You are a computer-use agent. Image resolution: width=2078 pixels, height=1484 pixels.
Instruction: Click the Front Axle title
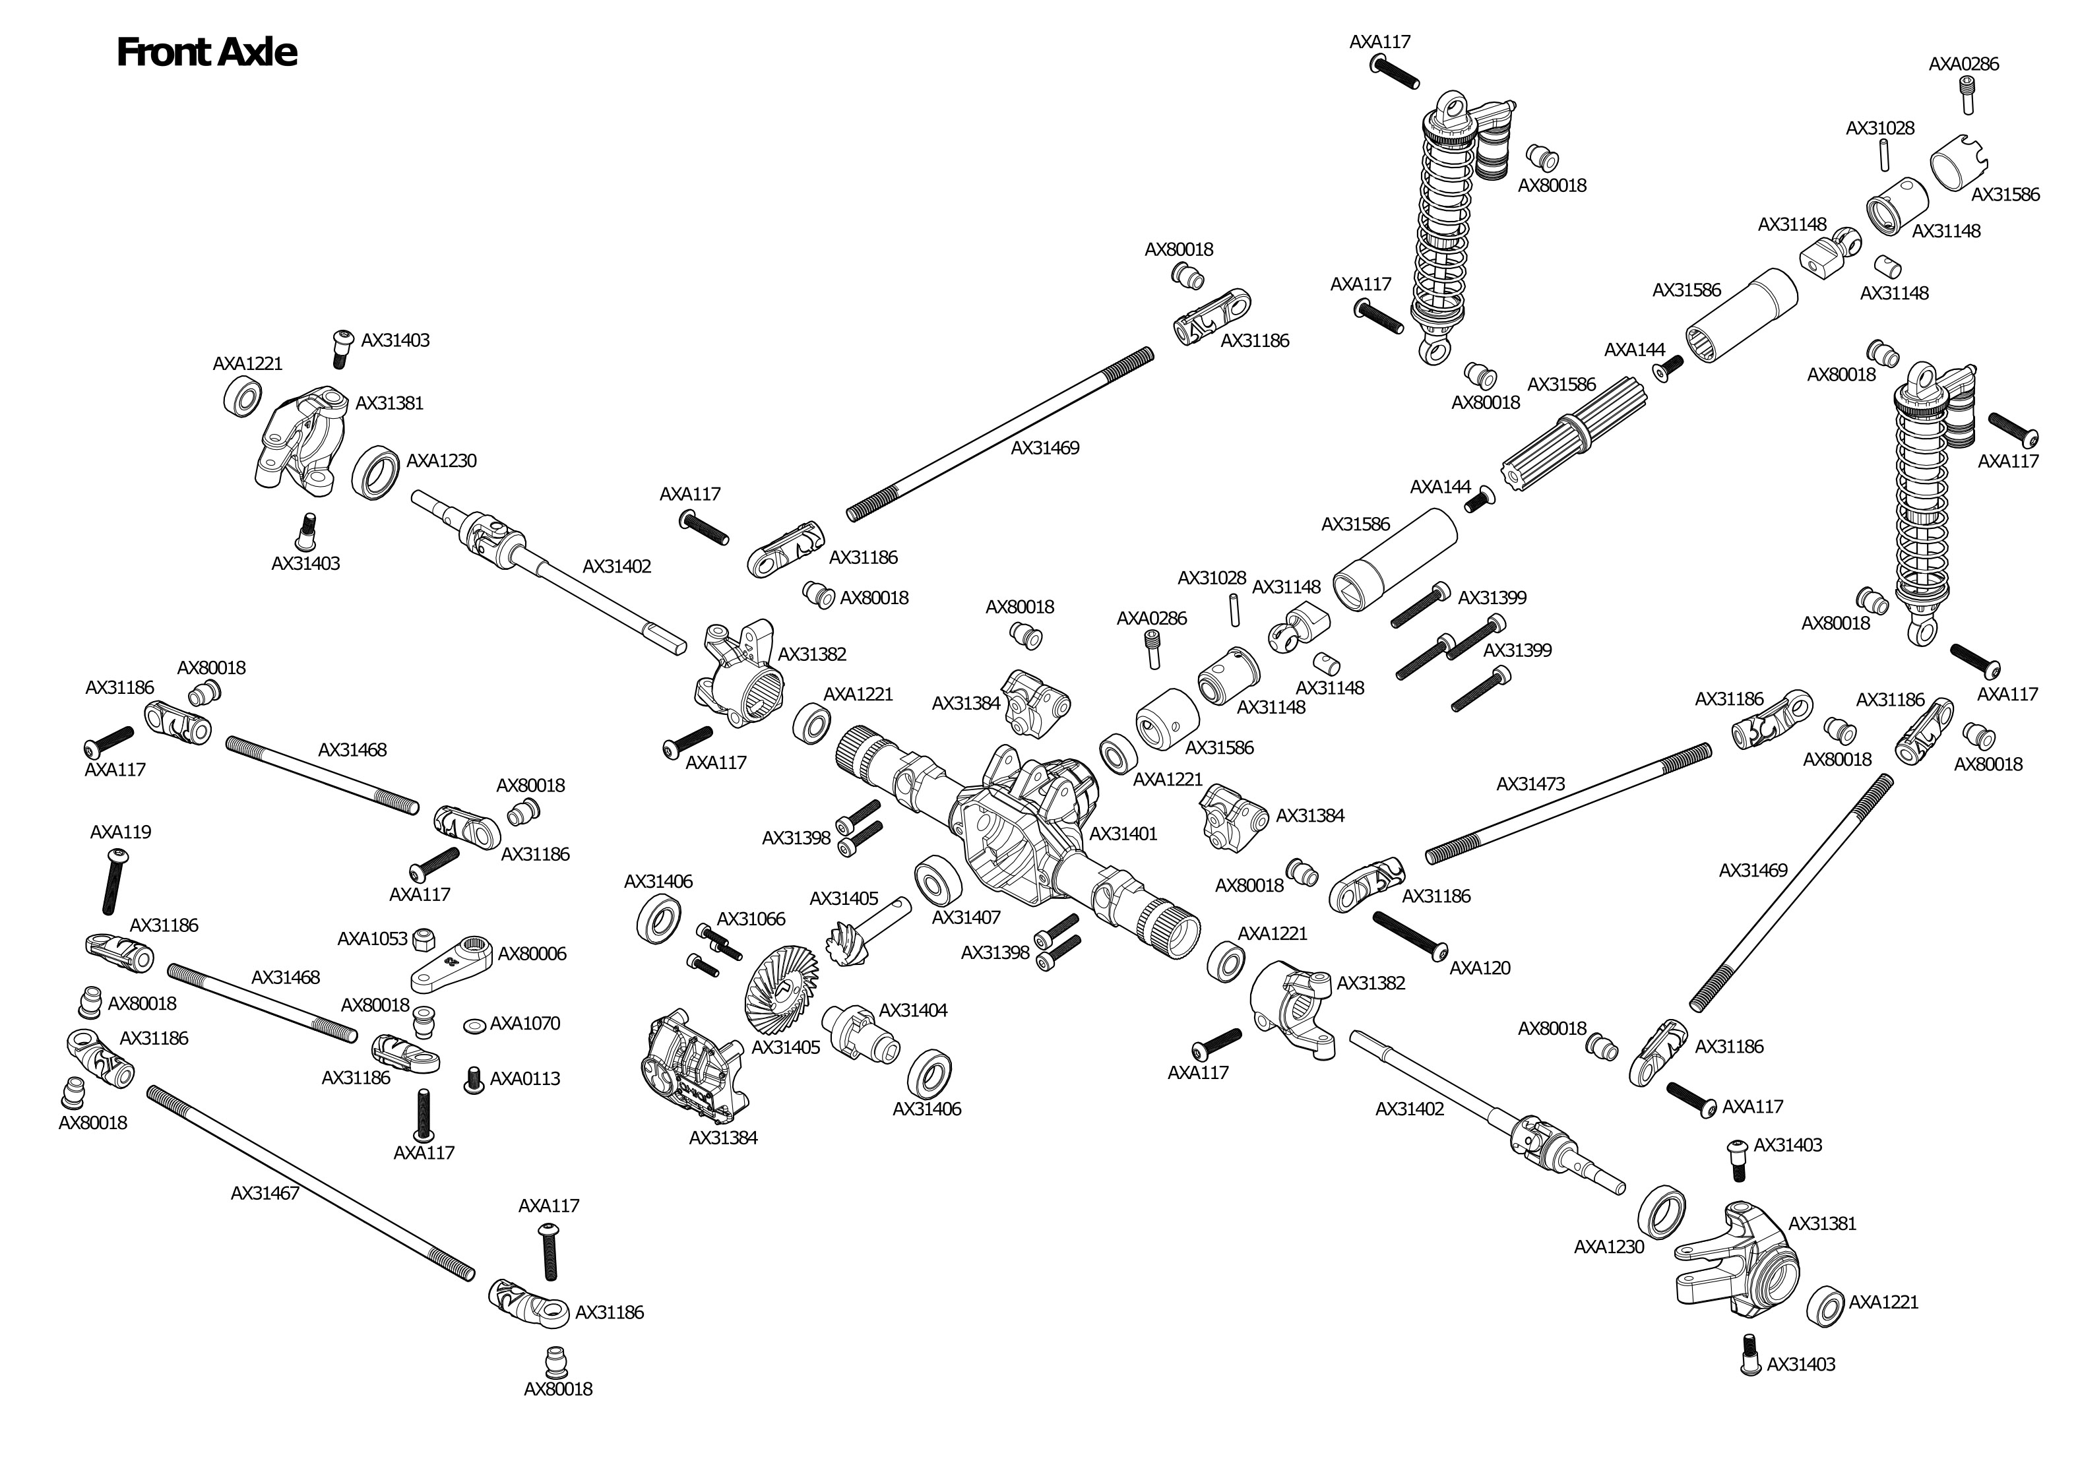[x=206, y=53]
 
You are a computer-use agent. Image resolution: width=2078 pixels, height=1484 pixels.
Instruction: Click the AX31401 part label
[x=1123, y=834]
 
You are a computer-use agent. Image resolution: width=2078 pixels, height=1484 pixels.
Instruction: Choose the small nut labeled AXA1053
[x=423, y=939]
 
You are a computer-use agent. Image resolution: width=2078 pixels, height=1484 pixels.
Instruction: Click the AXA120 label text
[x=1480, y=968]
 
